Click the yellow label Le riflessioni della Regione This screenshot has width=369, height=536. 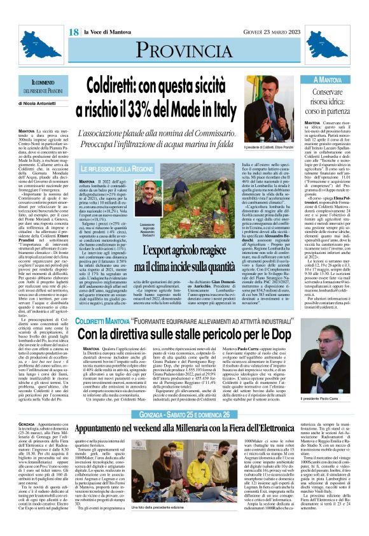[118, 169]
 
